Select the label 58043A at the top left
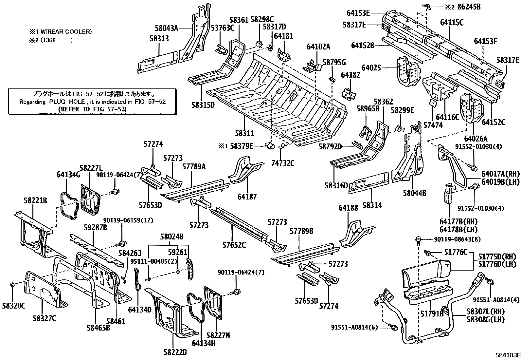[x=166, y=28]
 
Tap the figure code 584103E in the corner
[x=507, y=355]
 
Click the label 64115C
[x=452, y=23]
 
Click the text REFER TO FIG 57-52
[x=92, y=109]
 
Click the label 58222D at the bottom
[x=175, y=352]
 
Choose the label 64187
[x=247, y=197]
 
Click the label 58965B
[x=368, y=109]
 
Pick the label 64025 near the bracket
[x=371, y=68]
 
